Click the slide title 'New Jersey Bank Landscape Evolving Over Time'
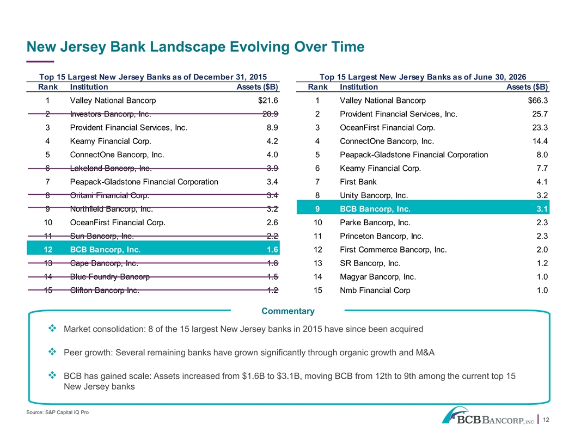tap(195, 47)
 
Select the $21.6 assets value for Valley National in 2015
tap(268, 100)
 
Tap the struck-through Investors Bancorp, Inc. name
tap(111, 114)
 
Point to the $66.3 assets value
tap(538, 100)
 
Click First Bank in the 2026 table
tap(358, 182)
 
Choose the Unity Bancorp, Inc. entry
tap(374, 195)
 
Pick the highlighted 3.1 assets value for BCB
tap(542, 209)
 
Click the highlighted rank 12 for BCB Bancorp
tap(48, 249)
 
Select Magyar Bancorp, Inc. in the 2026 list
tap(378, 276)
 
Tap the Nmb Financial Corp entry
tap(375, 290)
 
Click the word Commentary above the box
tap(288, 311)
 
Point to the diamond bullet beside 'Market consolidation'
tap(52, 328)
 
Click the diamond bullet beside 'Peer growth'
tap(52, 351)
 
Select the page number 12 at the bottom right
tap(546, 420)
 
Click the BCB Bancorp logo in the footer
tap(488, 415)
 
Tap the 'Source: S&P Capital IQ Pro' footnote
tap(58, 412)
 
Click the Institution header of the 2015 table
tap(89, 87)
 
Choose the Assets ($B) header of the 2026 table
tap(527, 87)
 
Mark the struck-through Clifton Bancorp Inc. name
tap(105, 290)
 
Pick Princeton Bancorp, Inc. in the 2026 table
tap(381, 236)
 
